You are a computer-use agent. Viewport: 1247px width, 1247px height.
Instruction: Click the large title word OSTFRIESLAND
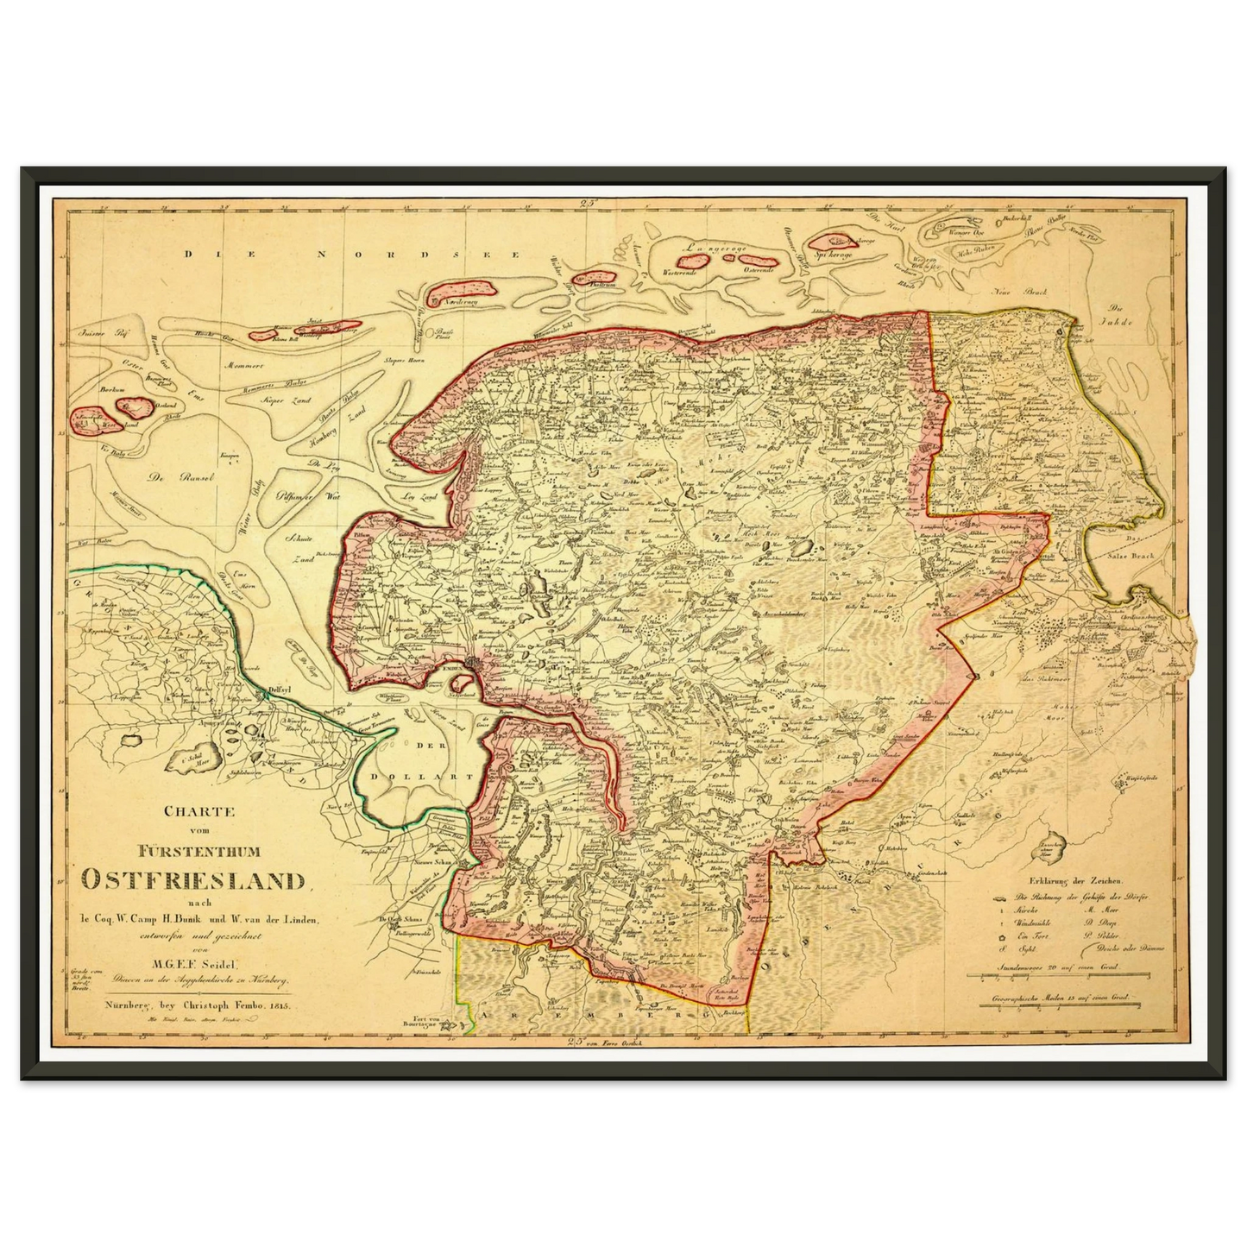click(x=195, y=881)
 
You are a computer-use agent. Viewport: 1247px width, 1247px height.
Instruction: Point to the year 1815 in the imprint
click(x=280, y=1006)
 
